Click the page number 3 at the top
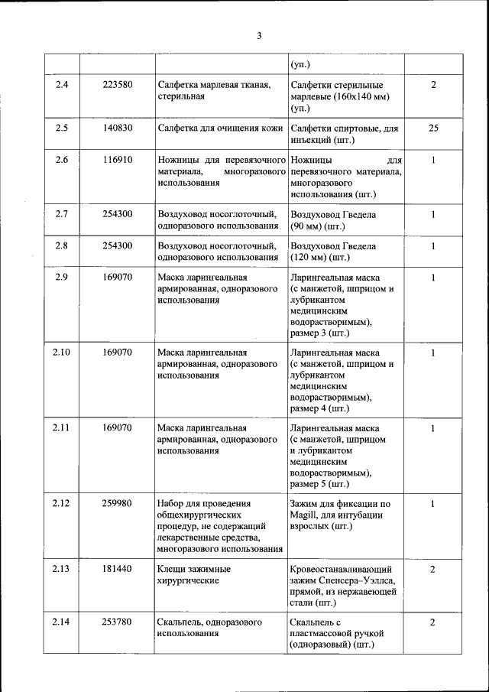tap(259, 36)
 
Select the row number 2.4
tap(62, 85)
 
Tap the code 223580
tap(118, 85)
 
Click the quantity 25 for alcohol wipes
tap(433, 128)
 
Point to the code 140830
tap(118, 128)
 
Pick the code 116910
tap(118, 161)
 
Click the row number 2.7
tap(62, 214)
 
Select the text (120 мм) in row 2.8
tap(315, 258)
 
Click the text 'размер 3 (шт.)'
tap(320, 334)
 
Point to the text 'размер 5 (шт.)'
tap(320, 484)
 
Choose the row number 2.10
tap(62, 352)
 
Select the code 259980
tap(118, 503)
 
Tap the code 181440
tap(118, 569)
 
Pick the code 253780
tap(118, 622)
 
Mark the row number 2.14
tap(62, 622)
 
